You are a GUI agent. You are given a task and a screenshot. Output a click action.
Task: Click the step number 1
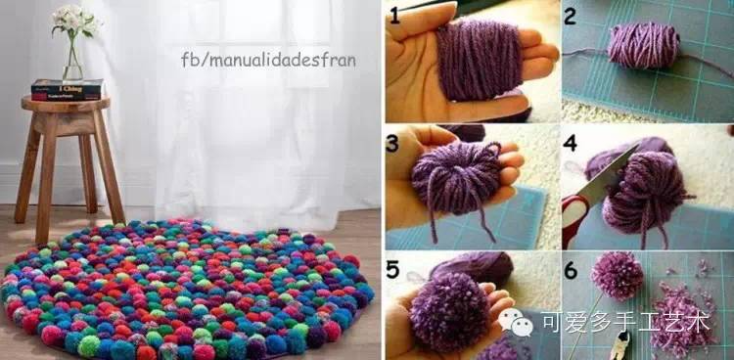pyautogui.click(x=395, y=15)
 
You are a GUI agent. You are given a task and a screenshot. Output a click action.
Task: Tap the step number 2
pyautogui.click(x=571, y=17)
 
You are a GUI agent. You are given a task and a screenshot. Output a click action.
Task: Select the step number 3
pyautogui.click(x=392, y=144)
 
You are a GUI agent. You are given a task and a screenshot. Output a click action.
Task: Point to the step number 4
pyautogui.click(x=571, y=143)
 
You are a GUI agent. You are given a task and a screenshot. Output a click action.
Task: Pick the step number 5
pyautogui.click(x=393, y=269)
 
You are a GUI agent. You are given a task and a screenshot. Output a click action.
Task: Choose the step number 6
pyautogui.click(x=572, y=271)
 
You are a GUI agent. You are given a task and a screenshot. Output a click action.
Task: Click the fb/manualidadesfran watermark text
pyautogui.click(x=268, y=60)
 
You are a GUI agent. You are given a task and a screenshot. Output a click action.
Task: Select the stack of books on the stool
pyautogui.click(x=68, y=89)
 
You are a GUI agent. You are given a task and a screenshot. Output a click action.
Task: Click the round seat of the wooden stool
pyautogui.click(x=66, y=104)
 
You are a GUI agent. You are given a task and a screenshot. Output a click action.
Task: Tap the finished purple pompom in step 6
pyautogui.click(x=617, y=276)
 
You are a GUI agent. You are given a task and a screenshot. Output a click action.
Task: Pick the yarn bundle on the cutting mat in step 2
pyautogui.click(x=644, y=45)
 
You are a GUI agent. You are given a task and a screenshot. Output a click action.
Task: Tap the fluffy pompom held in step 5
pyautogui.click(x=446, y=311)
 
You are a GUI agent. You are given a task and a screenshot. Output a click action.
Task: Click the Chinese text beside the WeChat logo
pyautogui.click(x=626, y=323)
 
